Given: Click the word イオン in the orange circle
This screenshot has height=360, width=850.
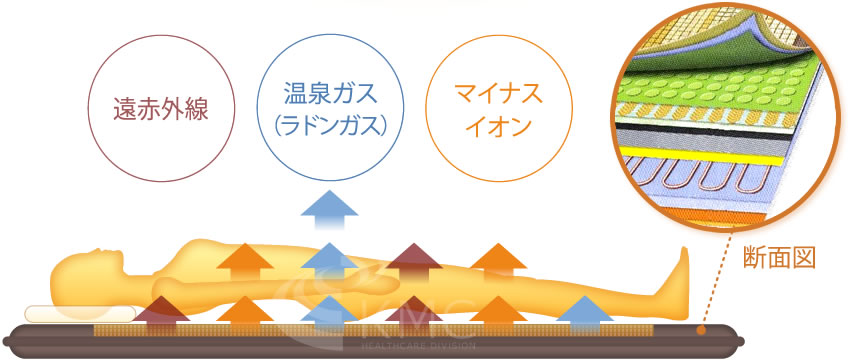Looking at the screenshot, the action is pos(497,125).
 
